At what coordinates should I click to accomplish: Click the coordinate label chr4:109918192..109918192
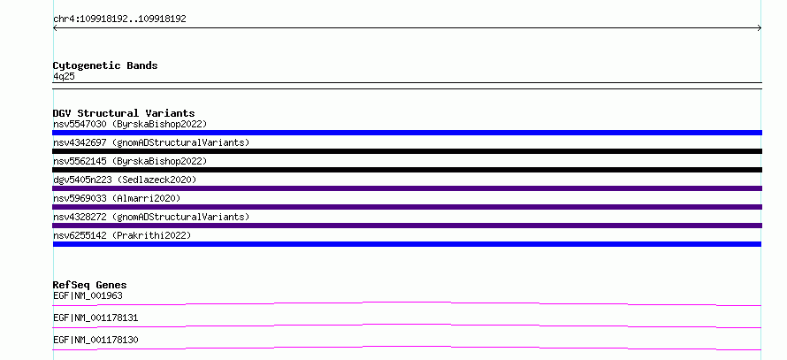[x=119, y=19]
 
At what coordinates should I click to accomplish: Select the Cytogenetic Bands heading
[x=105, y=65]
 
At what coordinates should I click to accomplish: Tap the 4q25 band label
[x=65, y=76]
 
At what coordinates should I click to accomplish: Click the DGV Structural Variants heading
[x=124, y=113]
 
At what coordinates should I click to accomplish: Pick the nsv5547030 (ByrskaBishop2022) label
[x=130, y=124]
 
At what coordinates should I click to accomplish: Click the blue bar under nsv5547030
[x=407, y=133]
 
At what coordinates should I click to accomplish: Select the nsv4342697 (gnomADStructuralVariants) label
[x=151, y=142]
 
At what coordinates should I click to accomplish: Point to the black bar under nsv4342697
[x=407, y=151]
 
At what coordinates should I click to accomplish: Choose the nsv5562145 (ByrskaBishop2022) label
[x=130, y=161]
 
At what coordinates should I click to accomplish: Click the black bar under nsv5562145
[x=407, y=170]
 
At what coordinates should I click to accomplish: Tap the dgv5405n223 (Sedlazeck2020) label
[x=125, y=180]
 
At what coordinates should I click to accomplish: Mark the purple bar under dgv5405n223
[x=407, y=188]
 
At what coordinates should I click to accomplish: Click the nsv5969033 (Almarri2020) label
[x=117, y=198]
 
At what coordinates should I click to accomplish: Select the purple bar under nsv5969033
[x=407, y=207]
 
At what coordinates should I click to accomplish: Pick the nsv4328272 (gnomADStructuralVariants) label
[x=151, y=217]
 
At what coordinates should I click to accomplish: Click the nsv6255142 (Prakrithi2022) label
[x=122, y=235]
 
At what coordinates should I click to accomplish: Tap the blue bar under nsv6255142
[x=407, y=244]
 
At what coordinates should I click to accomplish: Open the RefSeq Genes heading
[x=90, y=285]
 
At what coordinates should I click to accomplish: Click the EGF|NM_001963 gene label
[x=88, y=295]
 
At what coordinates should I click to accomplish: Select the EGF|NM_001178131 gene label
[x=96, y=318]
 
